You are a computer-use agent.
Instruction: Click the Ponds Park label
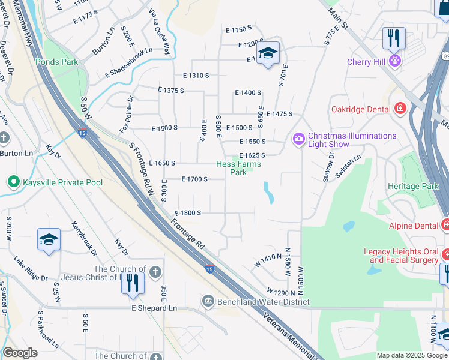(56, 62)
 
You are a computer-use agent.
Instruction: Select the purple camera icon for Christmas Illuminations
(299, 140)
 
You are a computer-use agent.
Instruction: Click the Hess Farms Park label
(239, 168)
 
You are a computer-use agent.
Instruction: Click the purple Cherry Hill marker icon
(394, 61)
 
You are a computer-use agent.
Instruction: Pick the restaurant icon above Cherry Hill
(394, 38)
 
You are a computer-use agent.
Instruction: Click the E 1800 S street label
(187, 213)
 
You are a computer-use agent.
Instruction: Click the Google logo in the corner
(20, 353)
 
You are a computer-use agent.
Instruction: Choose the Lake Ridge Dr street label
(31, 269)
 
